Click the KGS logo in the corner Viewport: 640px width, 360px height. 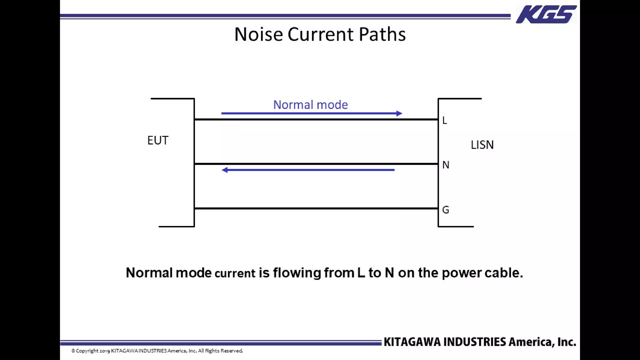(546, 14)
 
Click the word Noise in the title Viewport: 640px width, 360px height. (258, 34)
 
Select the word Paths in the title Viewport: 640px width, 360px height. (382, 34)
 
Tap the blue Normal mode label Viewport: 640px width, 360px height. (310, 105)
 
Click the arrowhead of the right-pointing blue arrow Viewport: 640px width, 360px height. (399, 113)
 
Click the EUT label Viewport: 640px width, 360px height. (158, 140)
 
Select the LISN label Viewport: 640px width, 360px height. (482, 145)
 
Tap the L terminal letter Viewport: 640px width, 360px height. (445, 120)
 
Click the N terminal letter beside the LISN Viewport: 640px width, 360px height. (446, 165)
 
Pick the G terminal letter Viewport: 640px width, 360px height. (446, 210)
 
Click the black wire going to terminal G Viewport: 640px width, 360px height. (316, 208)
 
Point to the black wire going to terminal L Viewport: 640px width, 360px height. (316, 119)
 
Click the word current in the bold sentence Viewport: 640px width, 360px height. (235, 273)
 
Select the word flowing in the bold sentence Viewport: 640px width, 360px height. (297, 273)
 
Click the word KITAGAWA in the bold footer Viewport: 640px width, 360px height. (412, 342)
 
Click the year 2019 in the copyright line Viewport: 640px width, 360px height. (105, 351)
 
